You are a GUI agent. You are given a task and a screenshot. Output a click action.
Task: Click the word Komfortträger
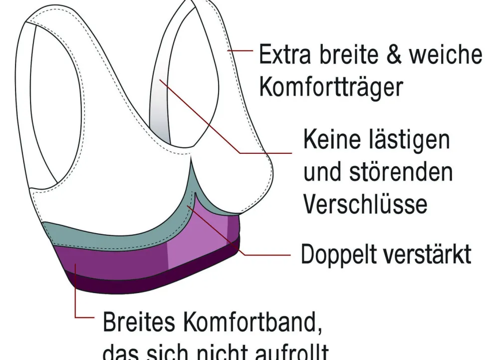pos(331,88)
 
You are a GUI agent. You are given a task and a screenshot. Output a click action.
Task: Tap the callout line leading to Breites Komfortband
pos(76,300)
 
